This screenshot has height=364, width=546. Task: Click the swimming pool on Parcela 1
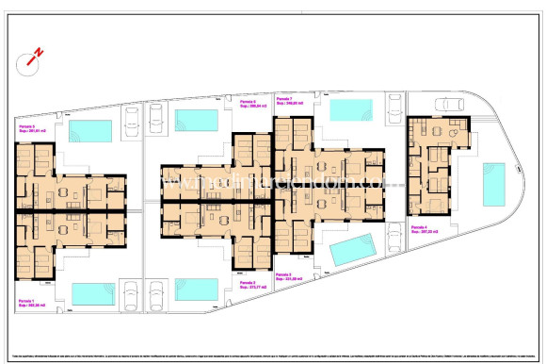point(92,294)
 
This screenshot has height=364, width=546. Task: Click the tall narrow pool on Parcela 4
point(493,184)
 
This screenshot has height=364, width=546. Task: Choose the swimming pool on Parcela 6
point(196,119)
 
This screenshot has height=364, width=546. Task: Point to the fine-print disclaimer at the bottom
point(272,345)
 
